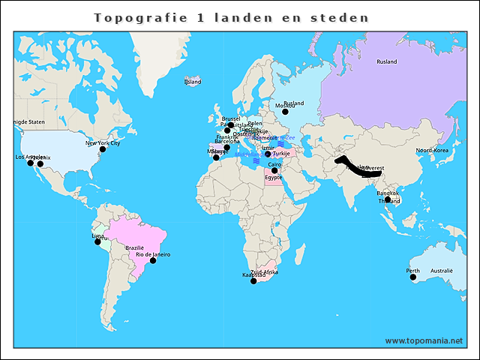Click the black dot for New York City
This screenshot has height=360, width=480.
tap(103, 148)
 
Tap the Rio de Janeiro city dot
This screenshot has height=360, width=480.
tap(153, 260)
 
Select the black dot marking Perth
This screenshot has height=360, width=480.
tap(412, 277)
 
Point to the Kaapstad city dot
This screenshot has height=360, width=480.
tap(253, 280)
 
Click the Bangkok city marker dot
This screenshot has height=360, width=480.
tap(387, 199)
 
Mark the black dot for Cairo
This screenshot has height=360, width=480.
tap(274, 170)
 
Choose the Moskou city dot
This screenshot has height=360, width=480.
tap(285, 111)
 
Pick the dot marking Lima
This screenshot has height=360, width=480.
tap(97, 241)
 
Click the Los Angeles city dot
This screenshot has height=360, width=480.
tap(31, 163)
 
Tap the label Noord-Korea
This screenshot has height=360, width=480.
tap(431, 151)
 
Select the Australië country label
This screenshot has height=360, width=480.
tap(442, 271)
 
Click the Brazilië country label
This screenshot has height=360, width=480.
tap(135, 247)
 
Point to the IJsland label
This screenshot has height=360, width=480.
tap(193, 81)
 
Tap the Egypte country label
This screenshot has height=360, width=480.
tap(274, 178)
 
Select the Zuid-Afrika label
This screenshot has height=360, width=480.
tap(264, 271)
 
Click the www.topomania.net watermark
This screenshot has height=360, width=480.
tap(424, 340)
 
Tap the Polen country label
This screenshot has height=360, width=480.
tap(255, 122)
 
